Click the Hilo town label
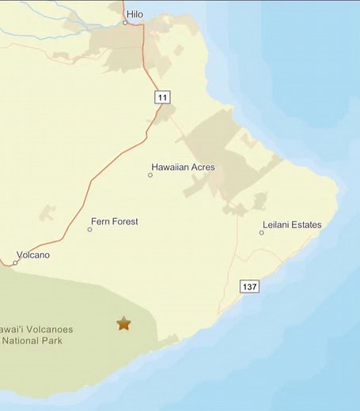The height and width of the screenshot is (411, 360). (135, 13)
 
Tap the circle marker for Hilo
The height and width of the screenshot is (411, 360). (125, 23)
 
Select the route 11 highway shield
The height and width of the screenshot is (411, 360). (162, 97)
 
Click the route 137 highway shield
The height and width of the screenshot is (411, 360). (251, 285)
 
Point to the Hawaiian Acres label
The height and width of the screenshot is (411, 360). (183, 168)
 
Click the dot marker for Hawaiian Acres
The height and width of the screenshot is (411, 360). (150, 175)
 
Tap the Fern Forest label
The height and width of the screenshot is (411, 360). (115, 222)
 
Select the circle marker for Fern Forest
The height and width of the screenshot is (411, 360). (90, 229)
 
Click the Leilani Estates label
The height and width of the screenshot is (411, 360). (291, 225)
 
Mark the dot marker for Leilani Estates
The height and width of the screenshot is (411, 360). (262, 232)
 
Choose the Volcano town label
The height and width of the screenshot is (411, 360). (32, 255)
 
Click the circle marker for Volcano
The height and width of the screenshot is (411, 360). (15, 262)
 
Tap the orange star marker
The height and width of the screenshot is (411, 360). (123, 322)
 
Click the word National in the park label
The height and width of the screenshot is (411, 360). (22, 341)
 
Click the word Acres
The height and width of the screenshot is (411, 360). (202, 168)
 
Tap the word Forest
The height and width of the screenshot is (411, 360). (124, 222)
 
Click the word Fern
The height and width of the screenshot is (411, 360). (100, 222)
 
